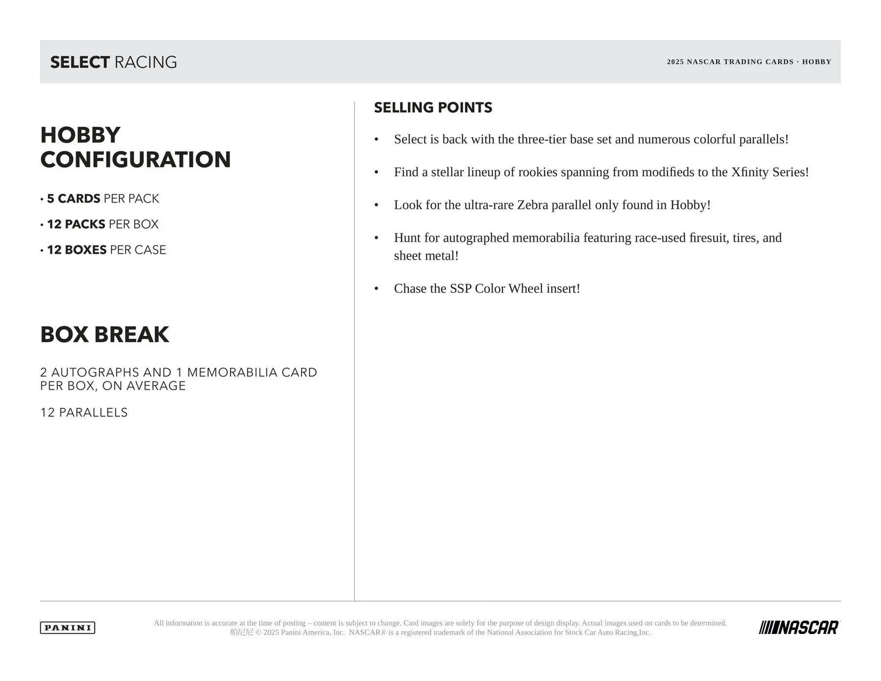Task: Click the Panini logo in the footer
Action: point(68,627)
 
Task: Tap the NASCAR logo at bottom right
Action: point(799,627)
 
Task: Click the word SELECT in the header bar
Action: point(80,62)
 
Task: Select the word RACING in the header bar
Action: point(146,62)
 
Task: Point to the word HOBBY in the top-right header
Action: point(816,62)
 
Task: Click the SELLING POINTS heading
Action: point(433,108)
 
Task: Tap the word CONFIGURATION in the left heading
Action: point(135,160)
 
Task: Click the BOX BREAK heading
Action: point(105,335)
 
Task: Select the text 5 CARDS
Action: point(74,199)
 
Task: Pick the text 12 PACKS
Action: point(76,224)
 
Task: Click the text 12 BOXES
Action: point(77,250)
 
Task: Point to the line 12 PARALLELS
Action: point(84,413)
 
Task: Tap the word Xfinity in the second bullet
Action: point(749,172)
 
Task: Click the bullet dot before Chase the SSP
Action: point(377,289)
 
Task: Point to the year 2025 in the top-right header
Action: point(675,62)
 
